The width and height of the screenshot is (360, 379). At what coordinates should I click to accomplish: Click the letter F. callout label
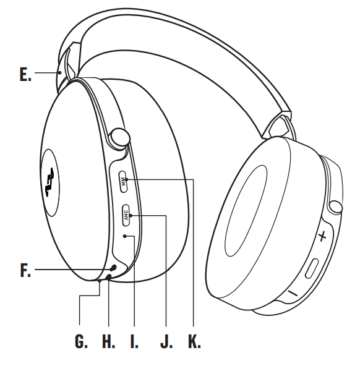coord(25,270)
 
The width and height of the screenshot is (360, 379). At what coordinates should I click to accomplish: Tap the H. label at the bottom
coord(108,342)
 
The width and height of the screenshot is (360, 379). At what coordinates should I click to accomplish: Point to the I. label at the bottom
coord(134,342)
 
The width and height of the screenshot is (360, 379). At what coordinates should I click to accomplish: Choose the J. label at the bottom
coord(166,342)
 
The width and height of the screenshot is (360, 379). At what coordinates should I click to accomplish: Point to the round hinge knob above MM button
coord(119,137)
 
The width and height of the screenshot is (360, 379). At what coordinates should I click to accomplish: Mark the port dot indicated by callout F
coord(113,268)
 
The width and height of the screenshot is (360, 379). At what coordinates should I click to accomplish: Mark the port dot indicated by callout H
coord(109,278)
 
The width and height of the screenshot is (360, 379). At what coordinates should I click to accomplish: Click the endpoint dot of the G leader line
coord(99,281)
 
